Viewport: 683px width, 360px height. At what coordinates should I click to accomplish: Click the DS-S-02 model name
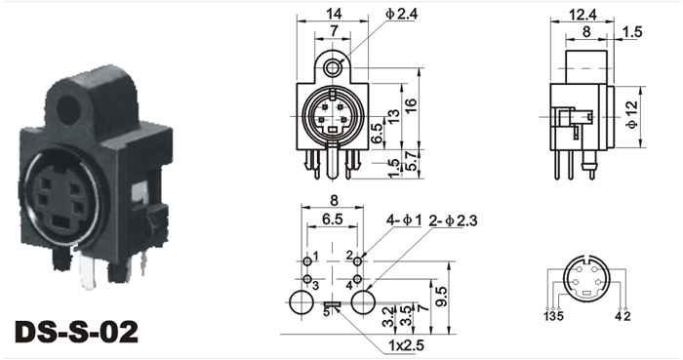click(77, 332)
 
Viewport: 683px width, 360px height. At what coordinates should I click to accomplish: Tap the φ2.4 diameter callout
click(401, 15)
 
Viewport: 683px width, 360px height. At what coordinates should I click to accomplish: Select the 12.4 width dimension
click(583, 15)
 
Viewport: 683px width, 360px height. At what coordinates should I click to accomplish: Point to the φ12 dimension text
click(632, 115)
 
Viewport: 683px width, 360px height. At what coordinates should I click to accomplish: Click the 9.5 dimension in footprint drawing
click(441, 297)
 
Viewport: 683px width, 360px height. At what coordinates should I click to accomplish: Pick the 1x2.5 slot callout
click(406, 345)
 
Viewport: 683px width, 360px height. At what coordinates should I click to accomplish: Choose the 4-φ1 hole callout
click(404, 220)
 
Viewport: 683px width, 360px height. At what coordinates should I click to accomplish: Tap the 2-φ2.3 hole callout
click(453, 220)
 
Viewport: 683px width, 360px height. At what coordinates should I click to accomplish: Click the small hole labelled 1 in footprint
click(307, 261)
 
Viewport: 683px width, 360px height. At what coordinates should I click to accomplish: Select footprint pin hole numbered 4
click(357, 279)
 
